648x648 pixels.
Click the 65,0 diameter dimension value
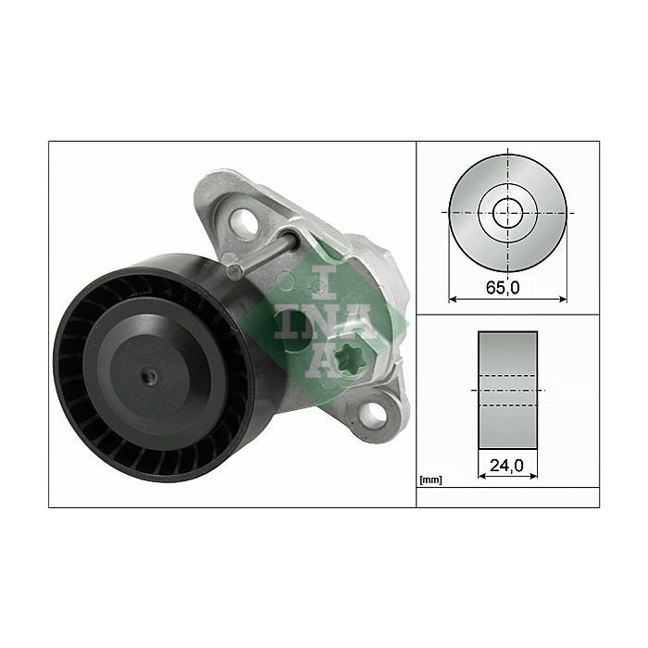coord(503,287)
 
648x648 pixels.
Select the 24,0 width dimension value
coord(506,466)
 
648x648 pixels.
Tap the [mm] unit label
coord(430,480)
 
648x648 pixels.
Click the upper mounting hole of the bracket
coord(243,222)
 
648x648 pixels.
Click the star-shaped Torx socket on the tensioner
coord(349,361)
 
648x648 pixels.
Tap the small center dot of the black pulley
coord(149,376)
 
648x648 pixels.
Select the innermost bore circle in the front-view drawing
coord(508,213)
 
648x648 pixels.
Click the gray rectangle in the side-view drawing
coord(508,390)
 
